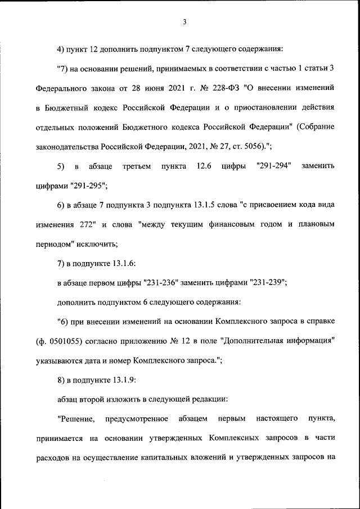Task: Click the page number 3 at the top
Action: coord(184,22)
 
